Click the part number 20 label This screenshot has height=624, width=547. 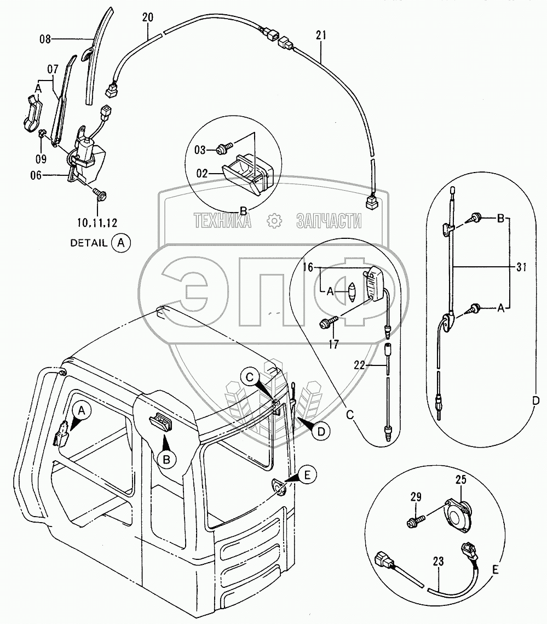147,17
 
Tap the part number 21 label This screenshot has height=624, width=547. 320,36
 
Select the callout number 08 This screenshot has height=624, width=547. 45,39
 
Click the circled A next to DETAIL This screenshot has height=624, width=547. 122,243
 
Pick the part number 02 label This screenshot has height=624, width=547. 203,173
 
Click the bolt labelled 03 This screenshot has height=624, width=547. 224,147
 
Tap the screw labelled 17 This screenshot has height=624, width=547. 328,324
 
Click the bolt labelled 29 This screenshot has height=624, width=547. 415,517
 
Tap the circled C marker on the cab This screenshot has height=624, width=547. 250,377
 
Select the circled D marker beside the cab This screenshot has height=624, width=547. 321,431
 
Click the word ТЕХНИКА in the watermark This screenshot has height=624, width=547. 222,221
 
